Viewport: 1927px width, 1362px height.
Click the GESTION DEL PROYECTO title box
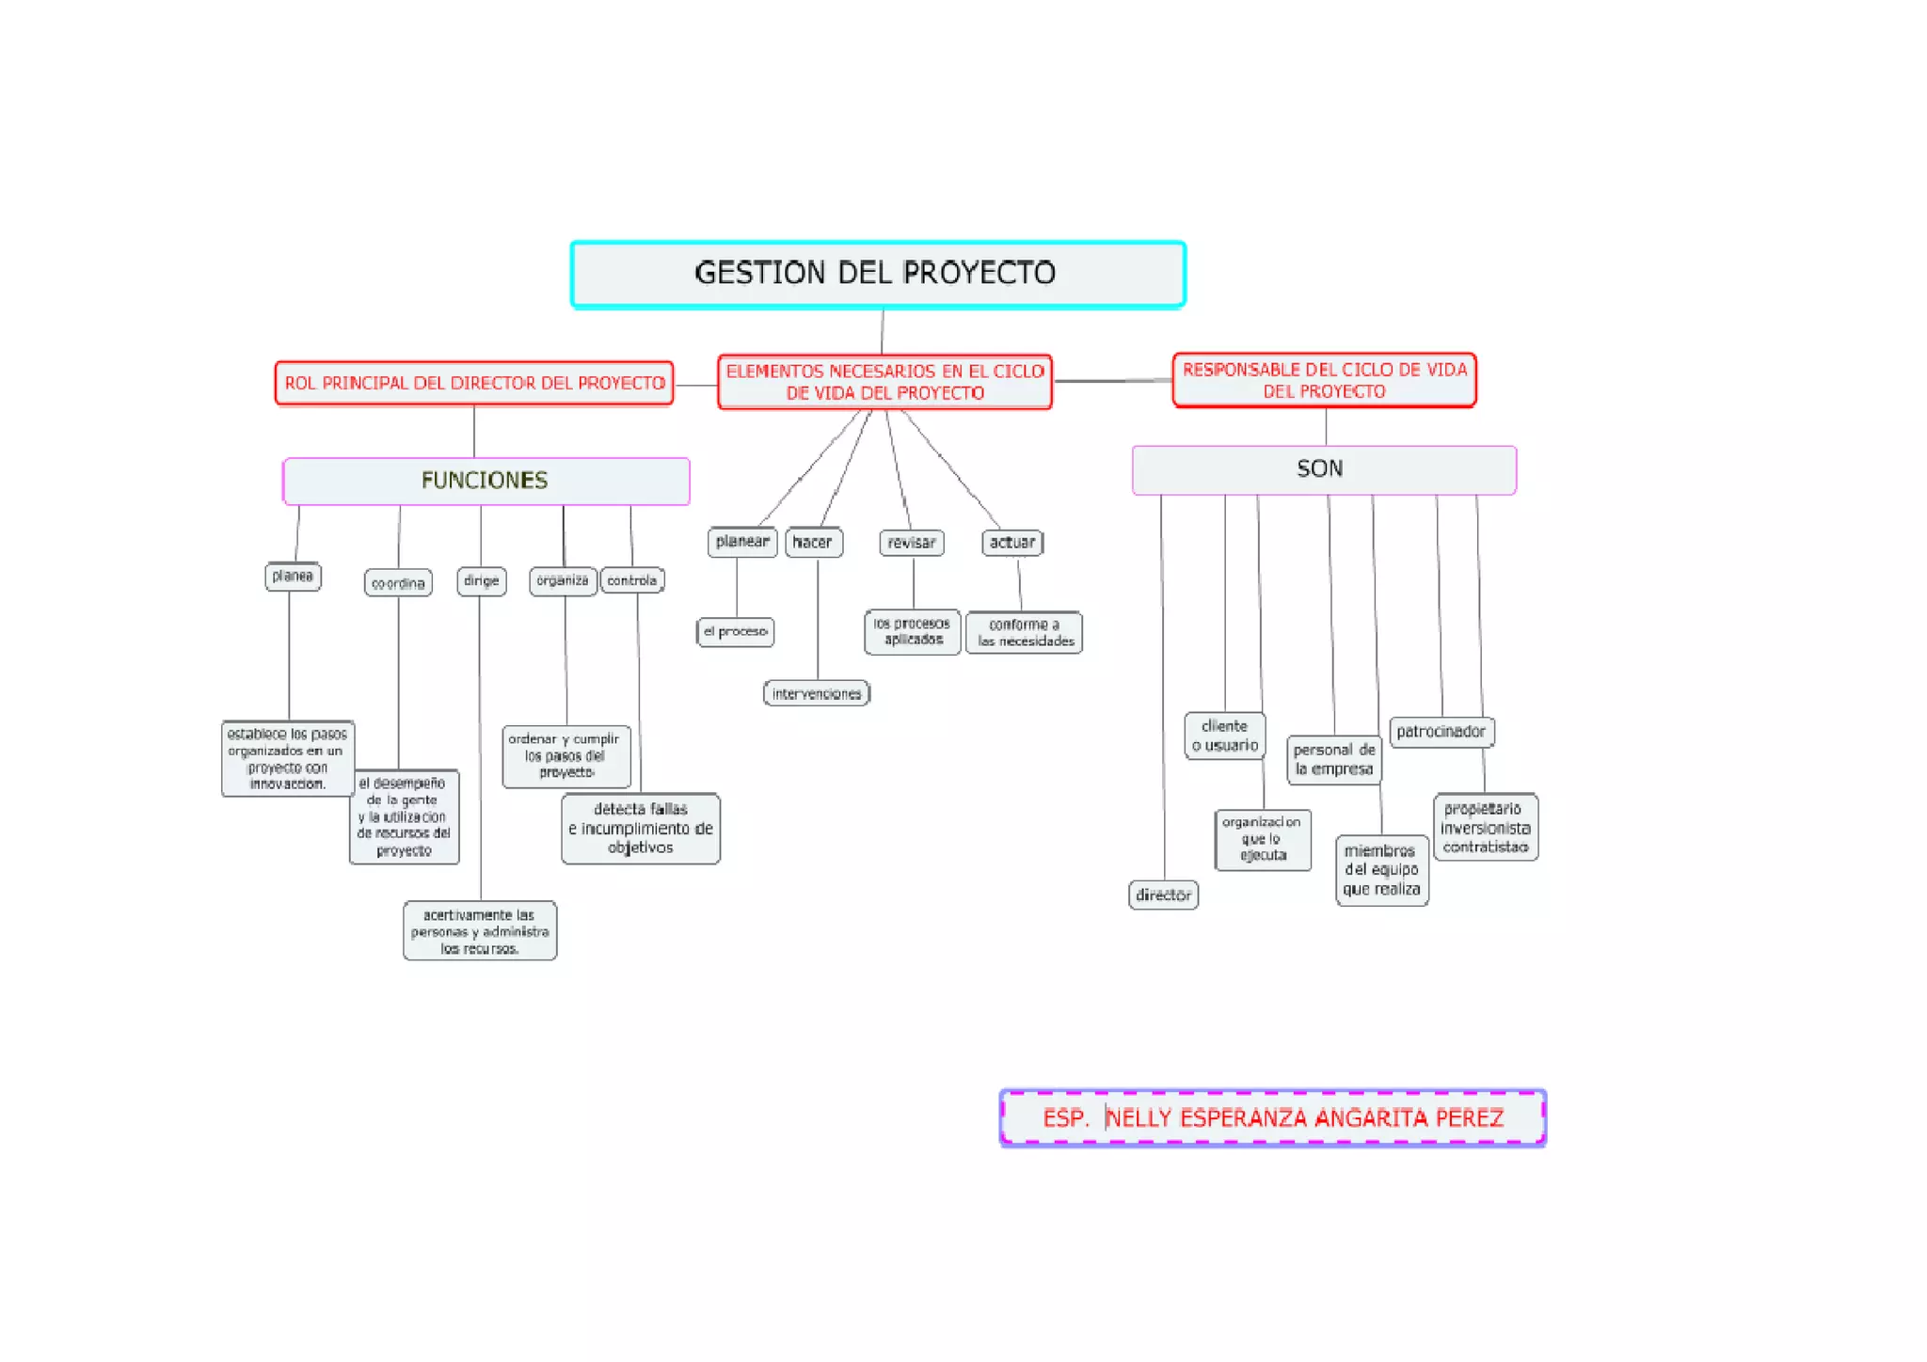point(877,274)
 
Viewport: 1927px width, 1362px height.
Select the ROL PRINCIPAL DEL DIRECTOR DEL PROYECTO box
point(474,384)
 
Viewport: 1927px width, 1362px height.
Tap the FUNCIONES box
point(486,481)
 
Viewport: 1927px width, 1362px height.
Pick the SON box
point(1323,469)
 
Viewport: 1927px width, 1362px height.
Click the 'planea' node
point(293,577)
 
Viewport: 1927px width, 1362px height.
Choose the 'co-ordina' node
point(398,583)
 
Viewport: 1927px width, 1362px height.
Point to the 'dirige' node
point(482,581)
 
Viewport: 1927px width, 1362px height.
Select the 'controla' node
point(632,581)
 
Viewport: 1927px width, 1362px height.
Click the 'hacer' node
point(813,543)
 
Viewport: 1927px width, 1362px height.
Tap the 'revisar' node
point(912,543)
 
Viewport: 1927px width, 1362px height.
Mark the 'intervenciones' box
point(816,694)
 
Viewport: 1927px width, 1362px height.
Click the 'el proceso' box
point(736,632)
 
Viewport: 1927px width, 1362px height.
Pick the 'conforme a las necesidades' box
point(1025,633)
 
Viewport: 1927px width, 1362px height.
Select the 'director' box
point(1163,895)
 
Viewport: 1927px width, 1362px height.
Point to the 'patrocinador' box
point(1441,732)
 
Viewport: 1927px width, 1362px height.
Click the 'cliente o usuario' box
point(1224,736)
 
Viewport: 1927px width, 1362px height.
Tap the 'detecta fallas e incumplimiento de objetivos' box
point(641,829)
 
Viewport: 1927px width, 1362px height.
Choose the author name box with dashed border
point(1272,1118)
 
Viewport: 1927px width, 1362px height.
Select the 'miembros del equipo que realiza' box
point(1381,871)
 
